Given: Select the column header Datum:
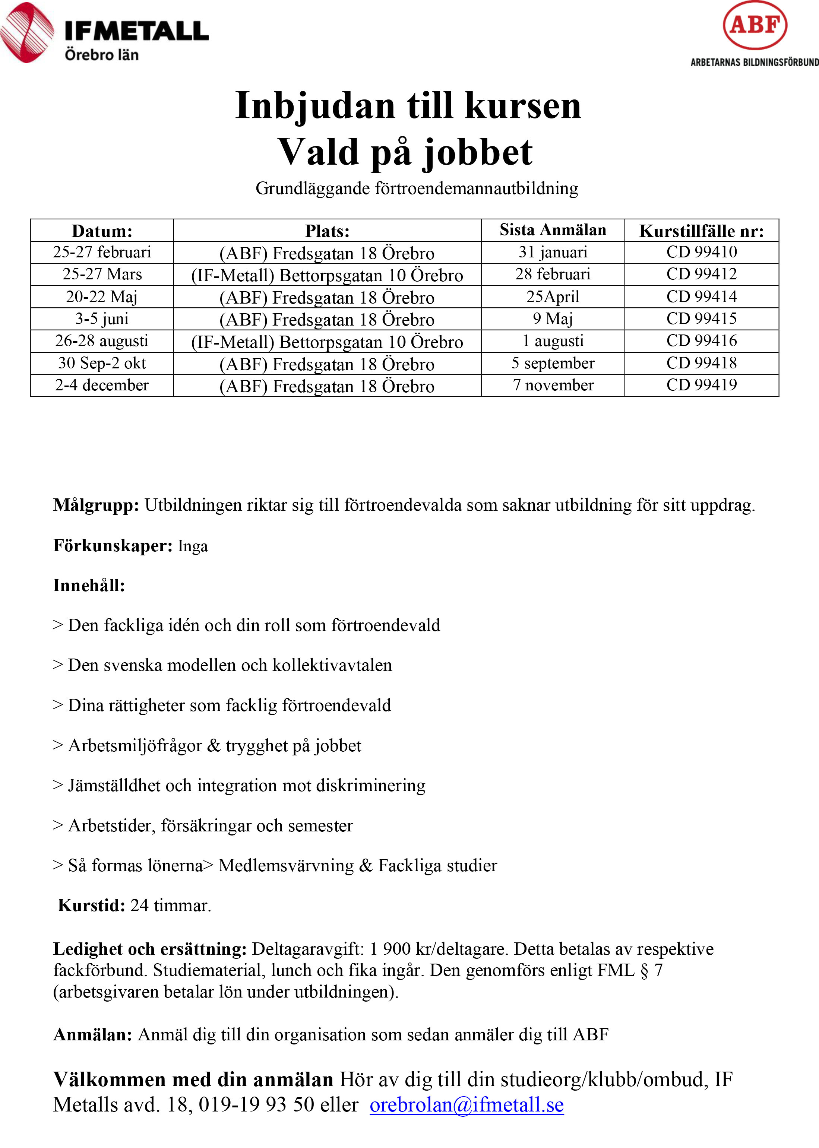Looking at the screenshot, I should pyautogui.click(x=102, y=231).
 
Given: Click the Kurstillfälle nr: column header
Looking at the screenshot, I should pyautogui.click(x=702, y=231).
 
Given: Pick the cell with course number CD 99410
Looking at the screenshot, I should pyautogui.click(x=702, y=252).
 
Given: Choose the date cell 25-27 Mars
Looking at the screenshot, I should pyautogui.click(x=102, y=274).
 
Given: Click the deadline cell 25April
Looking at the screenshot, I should pyautogui.click(x=553, y=296).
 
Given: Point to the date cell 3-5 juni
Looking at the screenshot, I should pyautogui.click(x=102, y=318).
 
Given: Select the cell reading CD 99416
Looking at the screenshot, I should pyautogui.click(x=702, y=341).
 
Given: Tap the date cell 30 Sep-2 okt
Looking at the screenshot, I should pyautogui.click(x=102, y=363).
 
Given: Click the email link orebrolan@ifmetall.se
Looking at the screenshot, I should pyautogui.click(x=467, y=1105).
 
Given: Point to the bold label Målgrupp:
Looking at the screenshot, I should pyautogui.click(x=96, y=505).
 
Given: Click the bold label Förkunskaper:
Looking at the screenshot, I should pyautogui.click(x=113, y=546).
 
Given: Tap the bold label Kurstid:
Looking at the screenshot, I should pyautogui.click(x=91, y=906).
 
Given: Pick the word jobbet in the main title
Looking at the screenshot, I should pyautogui.click(x=477, y=152).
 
